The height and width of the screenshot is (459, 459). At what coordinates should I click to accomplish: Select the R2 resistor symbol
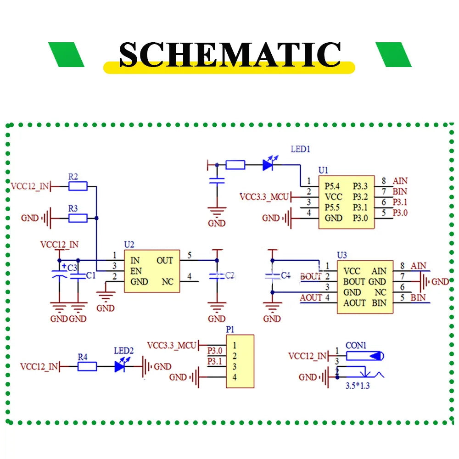click(x=78, y=186)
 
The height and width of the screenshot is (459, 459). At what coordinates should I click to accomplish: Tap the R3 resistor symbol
click(x=78, y=218)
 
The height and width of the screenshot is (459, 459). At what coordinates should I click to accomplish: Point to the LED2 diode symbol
click(x=121, y=366)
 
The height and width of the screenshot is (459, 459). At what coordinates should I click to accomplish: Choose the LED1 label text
click(x=301, y=149)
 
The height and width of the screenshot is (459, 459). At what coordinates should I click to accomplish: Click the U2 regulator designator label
click(x=129, y=245)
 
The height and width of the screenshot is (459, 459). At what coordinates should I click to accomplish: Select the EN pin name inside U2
click(x=136, y=271)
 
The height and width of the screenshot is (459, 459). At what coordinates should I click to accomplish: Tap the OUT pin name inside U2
click(x=165, y=260)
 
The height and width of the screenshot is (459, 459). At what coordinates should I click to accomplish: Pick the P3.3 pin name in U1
click(x=360, y=186)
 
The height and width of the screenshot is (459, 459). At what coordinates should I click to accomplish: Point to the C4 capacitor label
click(x=285, y=275)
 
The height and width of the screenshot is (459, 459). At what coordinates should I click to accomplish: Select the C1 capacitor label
click(x=90, y=275)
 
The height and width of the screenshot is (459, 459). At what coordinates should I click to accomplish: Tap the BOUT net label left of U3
click(x=311, y=277)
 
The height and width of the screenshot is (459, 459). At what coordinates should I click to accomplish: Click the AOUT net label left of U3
click(x=311, y=298)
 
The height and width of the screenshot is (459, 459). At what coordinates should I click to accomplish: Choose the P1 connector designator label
click(x=230, y=330)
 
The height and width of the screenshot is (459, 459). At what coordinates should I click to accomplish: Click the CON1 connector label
click(x=356, y=345)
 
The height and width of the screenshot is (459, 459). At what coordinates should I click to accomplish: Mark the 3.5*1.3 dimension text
click(x=358, y=386)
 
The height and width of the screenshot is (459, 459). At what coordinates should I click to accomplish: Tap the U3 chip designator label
click(x=342, y=255)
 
